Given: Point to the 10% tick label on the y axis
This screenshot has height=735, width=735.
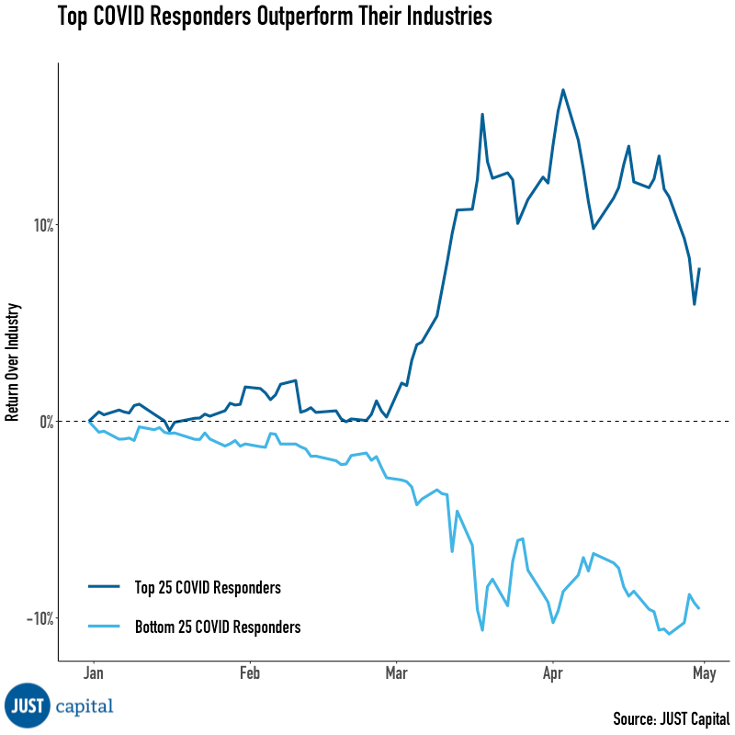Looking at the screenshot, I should pyautogui.click(x=39, y=225).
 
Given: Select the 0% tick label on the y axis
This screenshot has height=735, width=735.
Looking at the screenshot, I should pyautogui.click(x=42, y=421).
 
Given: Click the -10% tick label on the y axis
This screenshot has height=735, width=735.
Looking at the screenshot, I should pyautogui.click(x=36, y=617).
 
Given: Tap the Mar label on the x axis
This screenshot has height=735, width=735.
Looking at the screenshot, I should pyautogui.click(x=395, y=673).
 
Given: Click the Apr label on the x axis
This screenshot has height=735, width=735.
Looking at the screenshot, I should pyautogui.click(x=552, y=673).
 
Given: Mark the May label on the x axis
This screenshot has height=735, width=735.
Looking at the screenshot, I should pyautogui.click(x=704, y=673).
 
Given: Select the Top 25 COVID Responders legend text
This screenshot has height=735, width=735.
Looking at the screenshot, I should pyautogui.click(x=208, y=587).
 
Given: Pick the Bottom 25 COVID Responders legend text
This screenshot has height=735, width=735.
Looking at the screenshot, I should pyautogui.click(x=218, y=628).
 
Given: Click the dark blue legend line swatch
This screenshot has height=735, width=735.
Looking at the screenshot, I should pyautogui.click(x=104, y=587).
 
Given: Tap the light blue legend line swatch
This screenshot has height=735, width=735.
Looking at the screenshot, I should pyautogui.click(x=104, y=628).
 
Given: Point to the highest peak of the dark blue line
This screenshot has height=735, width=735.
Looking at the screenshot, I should pyautogui.click(x=562, y=90).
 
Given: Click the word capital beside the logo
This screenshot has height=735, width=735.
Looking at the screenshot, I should pyautogui.click(x=85, y=707).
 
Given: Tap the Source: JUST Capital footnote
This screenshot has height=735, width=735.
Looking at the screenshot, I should pyautogui.click(x=671, y=718).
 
